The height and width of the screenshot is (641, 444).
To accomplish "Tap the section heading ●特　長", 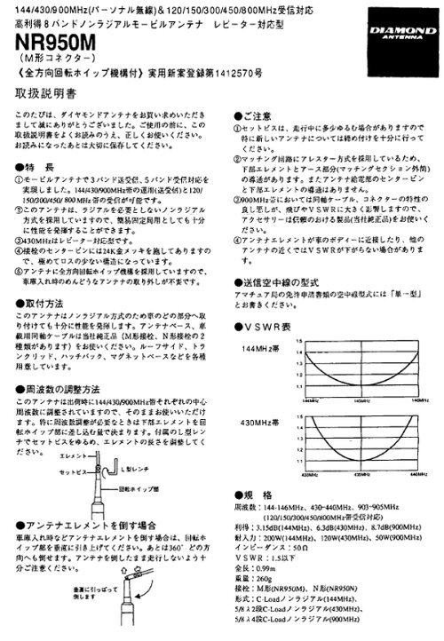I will point(35,166).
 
